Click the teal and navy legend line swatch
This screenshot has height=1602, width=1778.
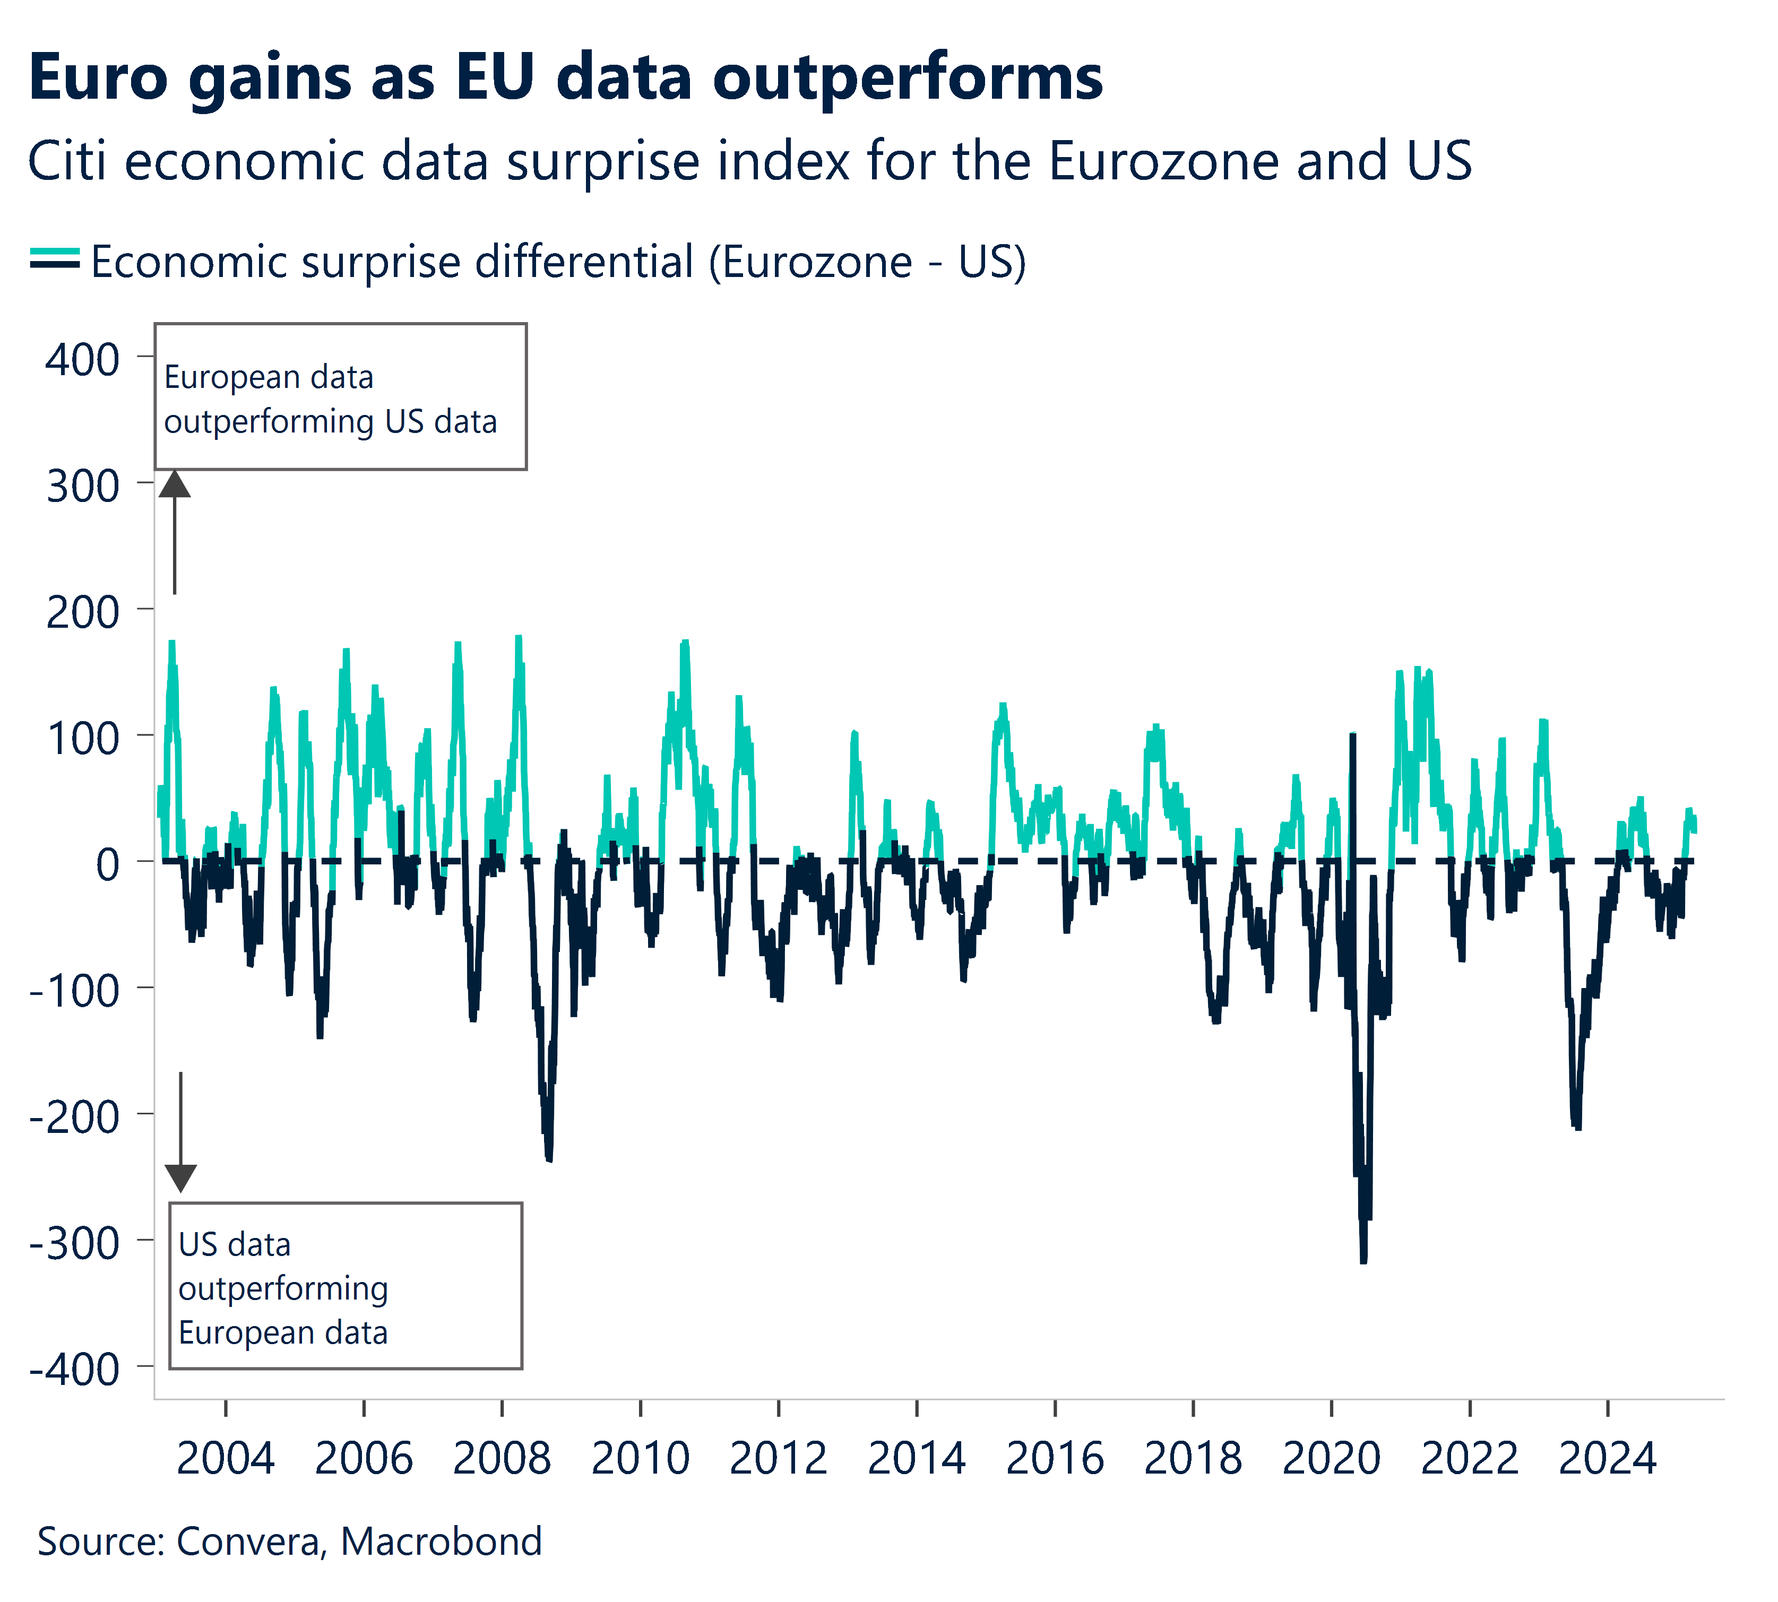point(55,259)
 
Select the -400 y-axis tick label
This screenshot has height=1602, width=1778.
point(75,1370)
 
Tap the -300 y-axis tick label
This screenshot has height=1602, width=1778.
point(75,1244)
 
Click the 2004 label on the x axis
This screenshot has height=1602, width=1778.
point(226,1459)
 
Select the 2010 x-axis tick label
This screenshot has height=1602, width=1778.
point(640,1459)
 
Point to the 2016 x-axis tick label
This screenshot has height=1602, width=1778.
point(1055,1459)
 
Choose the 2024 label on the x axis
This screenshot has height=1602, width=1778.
point(1607,1459)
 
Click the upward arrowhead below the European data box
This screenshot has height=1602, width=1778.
point(174,484)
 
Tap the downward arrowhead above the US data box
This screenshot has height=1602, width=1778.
point(180,1177)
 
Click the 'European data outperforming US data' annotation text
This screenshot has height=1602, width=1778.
point(330,399)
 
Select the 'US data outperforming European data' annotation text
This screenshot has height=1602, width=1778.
point(282,1288)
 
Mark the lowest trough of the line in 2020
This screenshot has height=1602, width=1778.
point(1363,1260)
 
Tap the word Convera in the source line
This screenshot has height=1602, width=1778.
point(249,1542)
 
